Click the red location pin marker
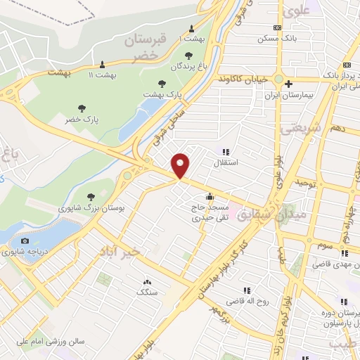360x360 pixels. pyautogui.click(x=181, y=165)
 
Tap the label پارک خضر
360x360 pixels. pyautogui.click(x=82, y=120)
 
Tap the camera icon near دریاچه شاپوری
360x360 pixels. pyautogui.click(x=25, y=240)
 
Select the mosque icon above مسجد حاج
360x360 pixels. pyautogui.click(x=209, y=196)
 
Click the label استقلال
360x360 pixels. pyautogui.click(x=226, y=162)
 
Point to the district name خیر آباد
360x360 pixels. pyautogui.click(x=120, y=250)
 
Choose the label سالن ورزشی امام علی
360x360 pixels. pyautogui.click(x=51, y=341)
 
